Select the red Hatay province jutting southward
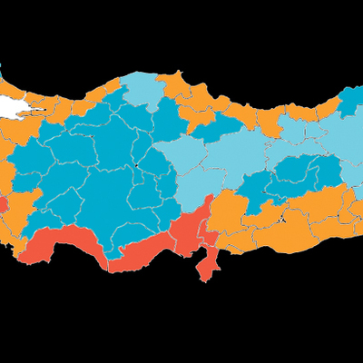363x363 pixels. (x=210, y=264)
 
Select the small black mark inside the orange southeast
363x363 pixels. (x=283, y=218)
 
